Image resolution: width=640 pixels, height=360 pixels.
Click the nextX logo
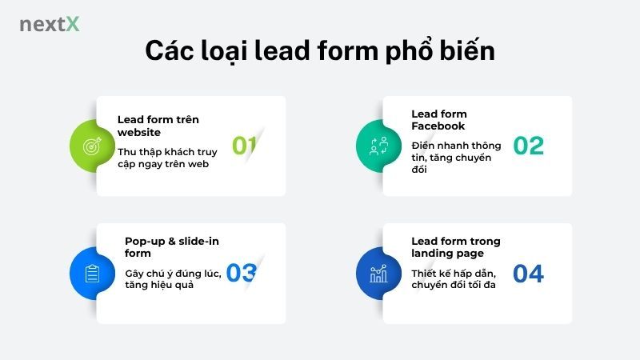pos(50,24)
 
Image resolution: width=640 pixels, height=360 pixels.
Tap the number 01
pos(244,146)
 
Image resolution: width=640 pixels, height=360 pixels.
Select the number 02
pos(528,146)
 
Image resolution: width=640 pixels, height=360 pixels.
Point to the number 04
pos(528,274)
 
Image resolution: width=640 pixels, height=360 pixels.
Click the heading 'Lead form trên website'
pos(158,126)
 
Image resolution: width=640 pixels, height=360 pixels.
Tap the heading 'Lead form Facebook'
pos(439,120)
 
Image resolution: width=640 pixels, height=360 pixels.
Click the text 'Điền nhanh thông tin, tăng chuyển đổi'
pos(456,158)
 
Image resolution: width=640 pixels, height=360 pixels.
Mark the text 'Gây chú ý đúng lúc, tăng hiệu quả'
pos(171,279)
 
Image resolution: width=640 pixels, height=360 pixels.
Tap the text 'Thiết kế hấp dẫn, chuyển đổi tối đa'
pos(454,279)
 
